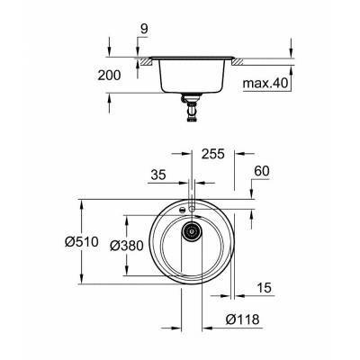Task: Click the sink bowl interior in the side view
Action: [x=191, y=76]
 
